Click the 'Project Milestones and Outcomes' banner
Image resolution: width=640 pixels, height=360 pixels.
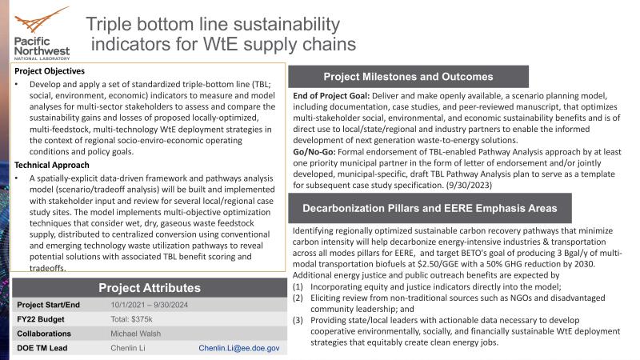[x=407, y=77]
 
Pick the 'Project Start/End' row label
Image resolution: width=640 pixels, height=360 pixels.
[x=50, y=305]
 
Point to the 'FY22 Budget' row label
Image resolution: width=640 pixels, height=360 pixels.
[x=42, y=319]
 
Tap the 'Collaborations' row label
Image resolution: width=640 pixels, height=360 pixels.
[x=45, y=334]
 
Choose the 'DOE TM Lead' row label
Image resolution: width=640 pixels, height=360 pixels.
[x=43, y=349]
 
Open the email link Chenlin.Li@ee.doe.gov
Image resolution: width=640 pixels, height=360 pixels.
[x=239, y=349]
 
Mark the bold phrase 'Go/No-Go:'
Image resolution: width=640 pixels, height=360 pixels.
[x=314, y=150]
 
